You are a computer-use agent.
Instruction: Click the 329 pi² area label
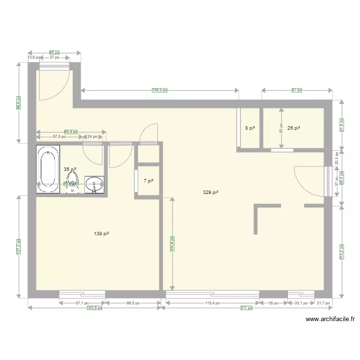(211, 192)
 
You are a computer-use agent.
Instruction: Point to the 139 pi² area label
(101, 234)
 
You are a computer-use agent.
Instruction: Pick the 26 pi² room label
(293, 128)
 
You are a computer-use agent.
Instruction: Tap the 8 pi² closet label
(250, 128)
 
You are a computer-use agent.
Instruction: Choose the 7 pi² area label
(148, 181)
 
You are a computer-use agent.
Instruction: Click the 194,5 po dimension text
(160, 90)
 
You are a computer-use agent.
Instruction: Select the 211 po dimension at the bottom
(247, 308)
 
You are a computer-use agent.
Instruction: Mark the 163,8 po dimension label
(95, 308)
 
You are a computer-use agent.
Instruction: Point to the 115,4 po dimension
(212, 303)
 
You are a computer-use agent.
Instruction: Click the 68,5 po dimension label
(132, 303)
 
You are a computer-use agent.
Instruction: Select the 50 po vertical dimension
(281, 127)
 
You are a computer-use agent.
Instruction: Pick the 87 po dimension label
(297, 90)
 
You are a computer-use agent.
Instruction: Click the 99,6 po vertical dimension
(18, 102)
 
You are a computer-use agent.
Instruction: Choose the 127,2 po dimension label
(18, 246)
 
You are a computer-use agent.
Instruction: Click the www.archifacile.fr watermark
(330, 319)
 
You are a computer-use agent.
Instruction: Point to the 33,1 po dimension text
(301, 303)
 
